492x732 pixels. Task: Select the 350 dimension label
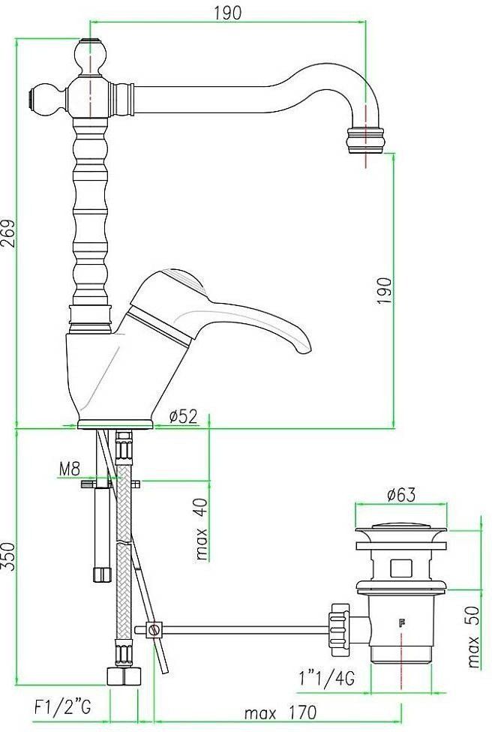click(8, 556)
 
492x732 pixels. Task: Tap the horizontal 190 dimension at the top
click(228, 13)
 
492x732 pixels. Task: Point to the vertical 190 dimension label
click(385, 290)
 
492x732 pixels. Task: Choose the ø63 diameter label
click(400, 494)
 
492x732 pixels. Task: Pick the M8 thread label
click(70, 468)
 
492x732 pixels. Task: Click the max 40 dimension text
click(202, 529)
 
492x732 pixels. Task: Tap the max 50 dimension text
click(474, 637)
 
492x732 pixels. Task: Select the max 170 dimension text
click(280, 712)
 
